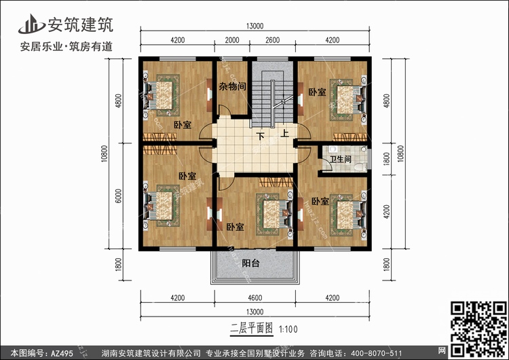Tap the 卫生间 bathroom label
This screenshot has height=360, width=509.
(x=340, y=160)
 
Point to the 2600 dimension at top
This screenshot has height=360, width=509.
(x=271, y=40)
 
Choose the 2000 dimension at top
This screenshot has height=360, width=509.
(x=231, y=40)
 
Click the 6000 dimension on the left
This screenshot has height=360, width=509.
(x=118, y=197)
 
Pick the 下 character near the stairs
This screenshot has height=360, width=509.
(x=259, y=136)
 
